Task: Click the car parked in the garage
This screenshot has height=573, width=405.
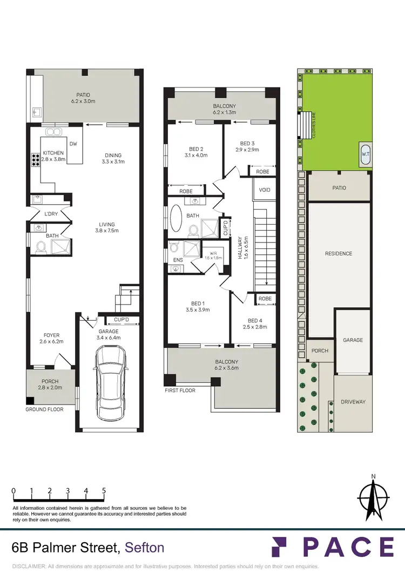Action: click(110, 383)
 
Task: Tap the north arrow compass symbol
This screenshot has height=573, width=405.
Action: click(374, 496)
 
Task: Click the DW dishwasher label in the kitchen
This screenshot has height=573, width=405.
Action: click(75, 144)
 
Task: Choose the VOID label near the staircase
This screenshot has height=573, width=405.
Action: click(265, 190)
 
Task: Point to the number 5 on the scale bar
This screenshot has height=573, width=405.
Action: click(104, 491)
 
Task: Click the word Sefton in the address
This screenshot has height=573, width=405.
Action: click(144, 548)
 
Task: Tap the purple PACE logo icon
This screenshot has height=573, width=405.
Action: click(280, 547)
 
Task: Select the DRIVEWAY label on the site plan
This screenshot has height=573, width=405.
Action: click(353, 402)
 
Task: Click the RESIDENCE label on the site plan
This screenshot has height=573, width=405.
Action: click(339, 253)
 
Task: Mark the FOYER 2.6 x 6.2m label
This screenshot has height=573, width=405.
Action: click(52, 338)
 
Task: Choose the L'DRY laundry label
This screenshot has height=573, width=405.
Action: click(51, 214)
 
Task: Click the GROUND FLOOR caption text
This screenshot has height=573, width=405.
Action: click(44, 409)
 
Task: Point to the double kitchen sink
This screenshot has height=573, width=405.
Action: click(53, 131)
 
